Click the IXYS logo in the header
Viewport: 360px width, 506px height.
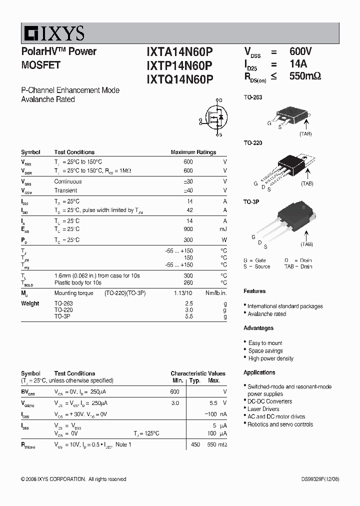click(53, 33)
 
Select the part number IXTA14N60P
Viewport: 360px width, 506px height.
click(179, 52)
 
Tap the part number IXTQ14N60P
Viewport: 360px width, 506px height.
click(179, 79)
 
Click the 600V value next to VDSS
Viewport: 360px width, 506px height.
click(300, 52)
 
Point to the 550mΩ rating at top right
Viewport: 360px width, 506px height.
click(304, 76)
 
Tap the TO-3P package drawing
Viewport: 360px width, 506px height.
click(282, 220)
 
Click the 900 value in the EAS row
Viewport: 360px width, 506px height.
click(188, 229)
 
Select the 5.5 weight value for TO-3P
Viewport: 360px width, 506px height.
click(188, 316)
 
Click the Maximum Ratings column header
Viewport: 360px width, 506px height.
click(193, 152)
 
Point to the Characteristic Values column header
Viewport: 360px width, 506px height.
click(197, 373)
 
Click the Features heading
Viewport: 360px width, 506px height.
click(254, 291)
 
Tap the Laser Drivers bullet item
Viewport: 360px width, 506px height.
click(263, 409)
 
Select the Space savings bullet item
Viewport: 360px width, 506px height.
click(265, 351)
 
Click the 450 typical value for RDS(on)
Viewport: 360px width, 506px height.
click(195, 444)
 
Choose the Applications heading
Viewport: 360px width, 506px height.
click(259, 372)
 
